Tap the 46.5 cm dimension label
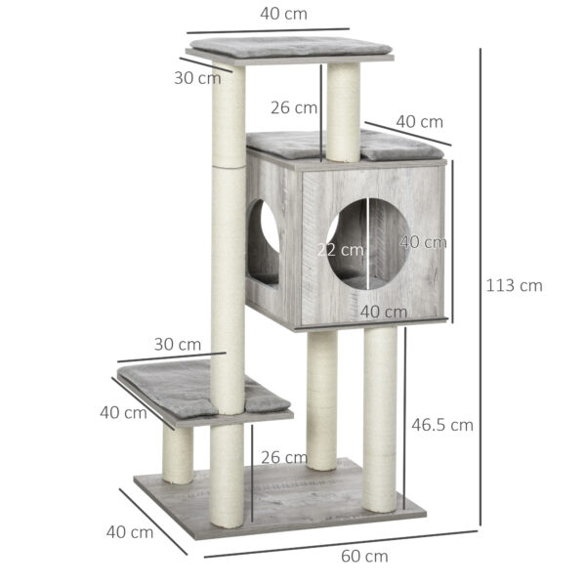[x=441, y=425]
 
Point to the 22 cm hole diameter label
[x=339, y=249]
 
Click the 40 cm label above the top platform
[x=289, y=15]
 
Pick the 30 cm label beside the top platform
[x=197, y=78]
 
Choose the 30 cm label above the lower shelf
[x=177, y=344]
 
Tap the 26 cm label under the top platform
[x=294, y=107]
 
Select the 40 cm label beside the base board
[x=129, y=532]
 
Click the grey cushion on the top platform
[x=289, y=46]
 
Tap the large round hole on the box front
[x=367, y=243]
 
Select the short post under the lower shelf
[x=178, y=454]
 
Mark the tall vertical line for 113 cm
[x=480, y=286]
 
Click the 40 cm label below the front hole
[x=383, y=312]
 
